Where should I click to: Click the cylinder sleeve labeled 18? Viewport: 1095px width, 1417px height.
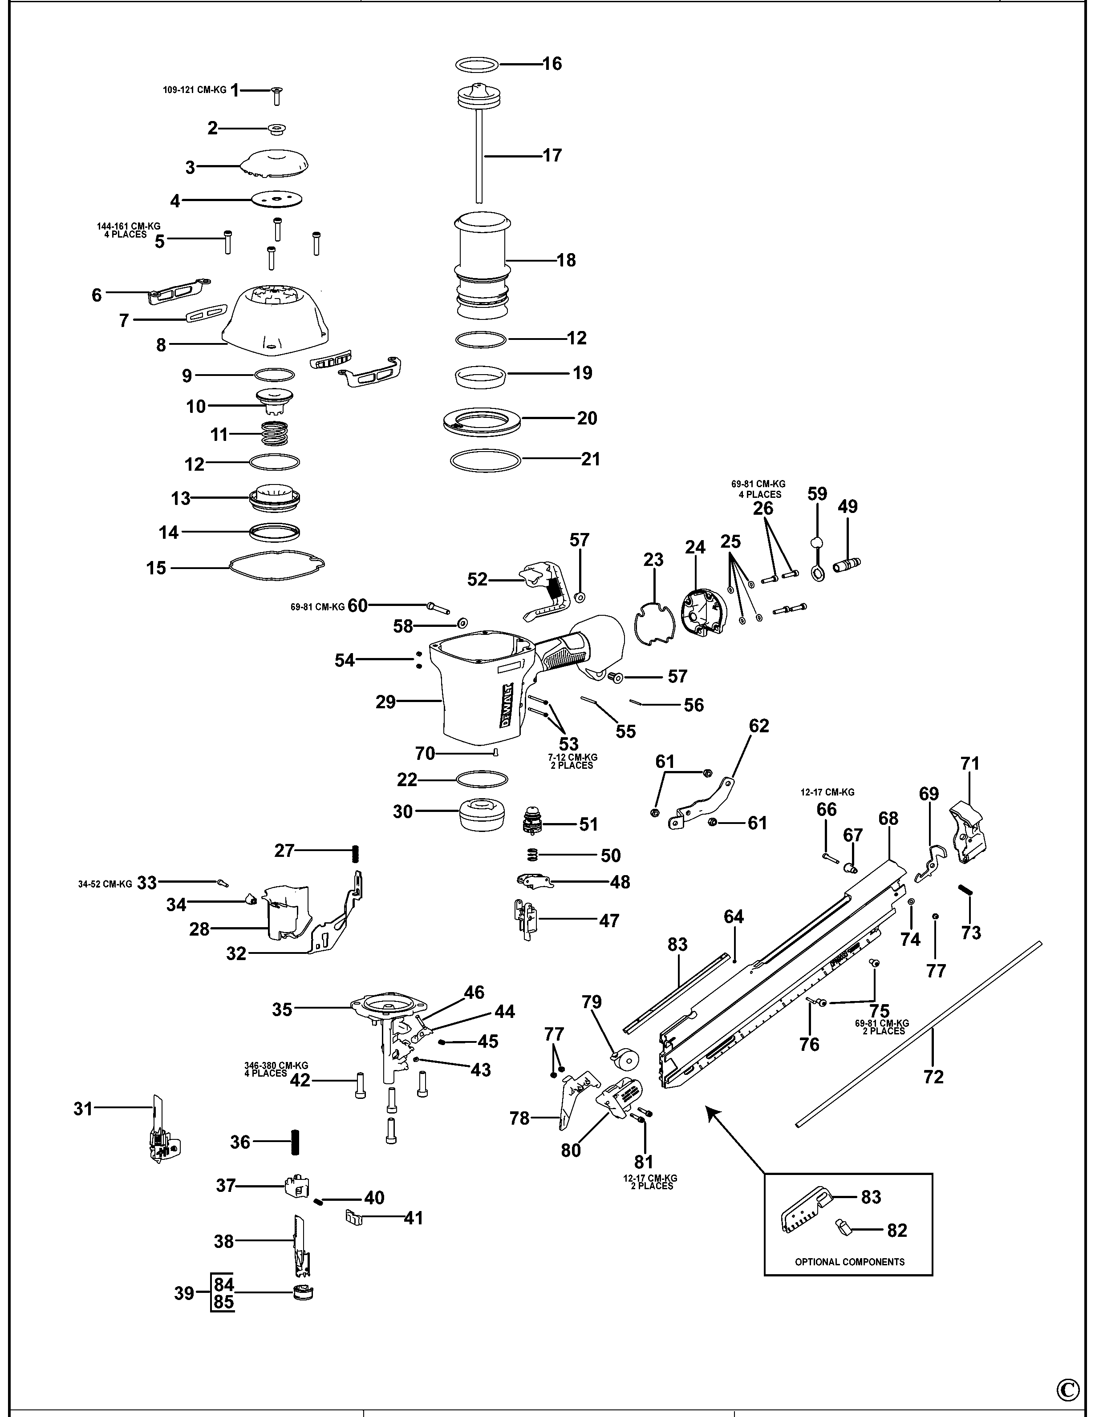482,266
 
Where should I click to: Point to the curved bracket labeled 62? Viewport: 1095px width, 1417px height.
704,803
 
